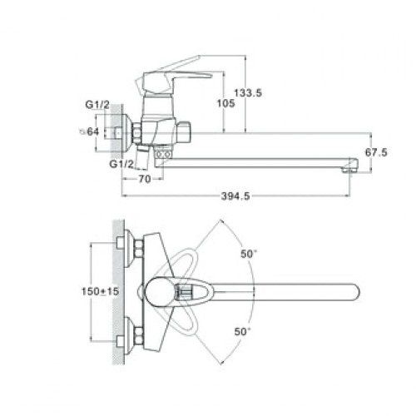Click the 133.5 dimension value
[x=248, y=93]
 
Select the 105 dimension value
[x=225, y=103]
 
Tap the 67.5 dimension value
[x=376, y=152]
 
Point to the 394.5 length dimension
[x=235, y=196]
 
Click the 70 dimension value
[x=144, y=179]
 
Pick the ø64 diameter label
[x=89, y=131]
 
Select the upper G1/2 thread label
[x=97, y=105]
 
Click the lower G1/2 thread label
[x=121, y=164]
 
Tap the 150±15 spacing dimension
[x=100, y=291]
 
